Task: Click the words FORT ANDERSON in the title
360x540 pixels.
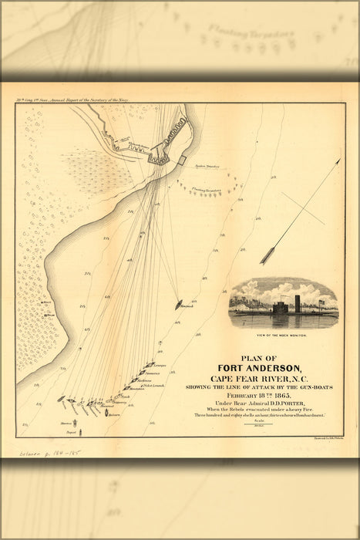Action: (x=259, y=367)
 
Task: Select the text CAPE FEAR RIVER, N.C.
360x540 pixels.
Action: (x=259, y=378)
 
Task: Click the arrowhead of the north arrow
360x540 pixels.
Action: (x=337, y=162)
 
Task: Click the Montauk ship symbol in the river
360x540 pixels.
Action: (x=179, y=305)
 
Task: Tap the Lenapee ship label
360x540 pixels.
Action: (x=160, y=365)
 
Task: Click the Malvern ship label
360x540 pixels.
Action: (x=114, y=415)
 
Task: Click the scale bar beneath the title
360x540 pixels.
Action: (x=259, y=423)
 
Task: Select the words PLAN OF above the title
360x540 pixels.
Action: (x=259, y=356)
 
